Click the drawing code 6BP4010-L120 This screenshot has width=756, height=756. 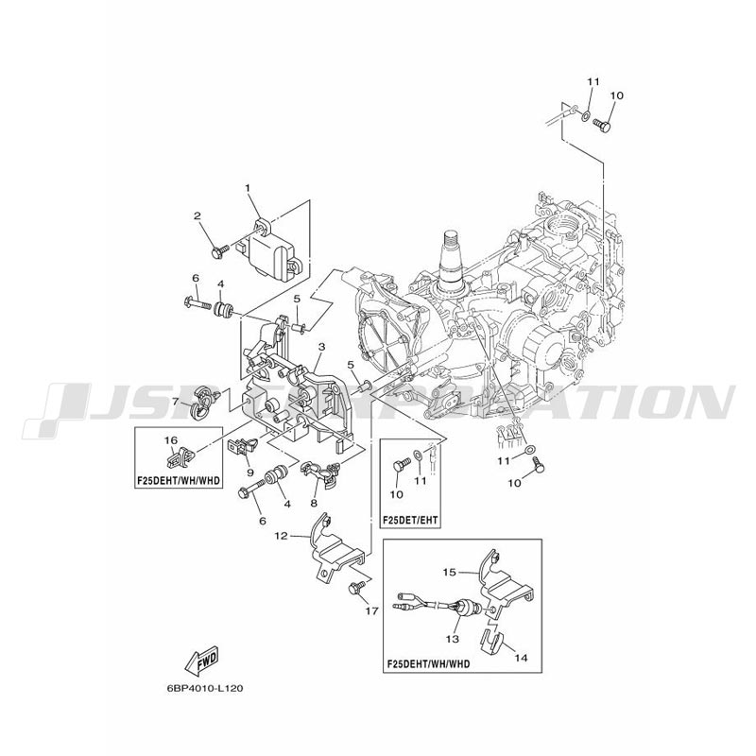[200, 689]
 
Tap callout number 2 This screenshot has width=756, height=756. [198, 216]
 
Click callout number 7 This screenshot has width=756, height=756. [176, 403]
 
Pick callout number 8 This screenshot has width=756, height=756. [313, 503]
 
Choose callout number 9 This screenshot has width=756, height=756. [250, 472]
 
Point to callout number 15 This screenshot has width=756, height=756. [450, 572]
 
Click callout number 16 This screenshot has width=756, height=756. [172, 440]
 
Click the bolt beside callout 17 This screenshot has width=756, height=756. [356, 589]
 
